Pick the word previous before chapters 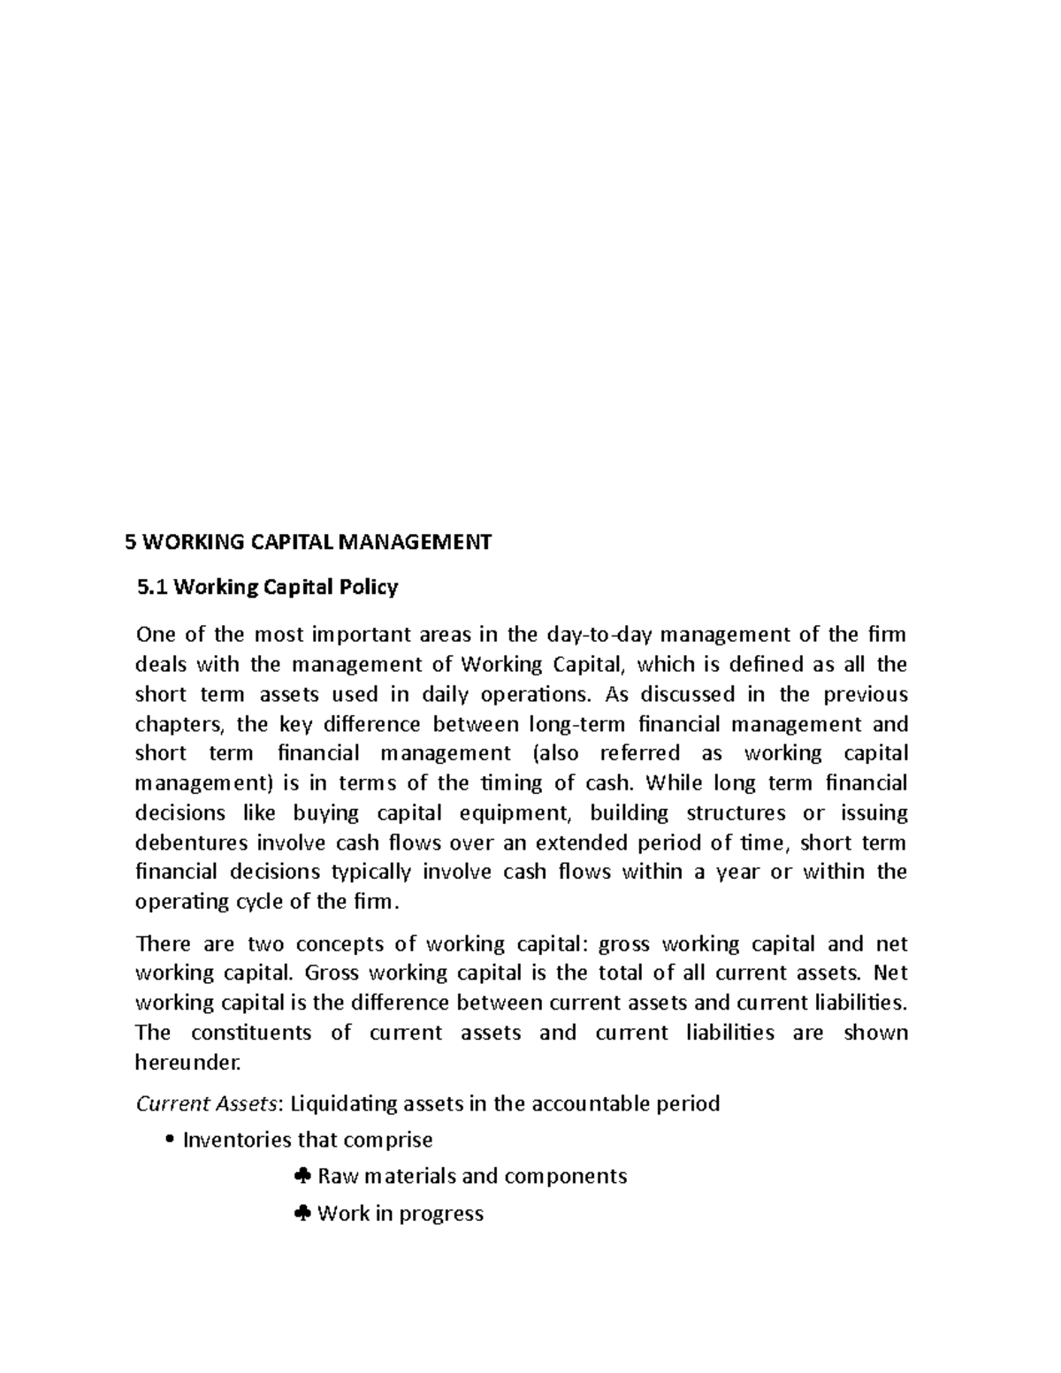pyautogui.click(x=866, y=694)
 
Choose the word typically pyautogui.click(x=370, y=872)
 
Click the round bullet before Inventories pyautogui.click(x=169, y=1140)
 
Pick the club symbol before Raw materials pyautogui.click(x=302, y=1176)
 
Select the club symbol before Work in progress pyautogui.click(x=302, y=1214)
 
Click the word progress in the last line pyautogui.click(x=441, y=1214)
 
